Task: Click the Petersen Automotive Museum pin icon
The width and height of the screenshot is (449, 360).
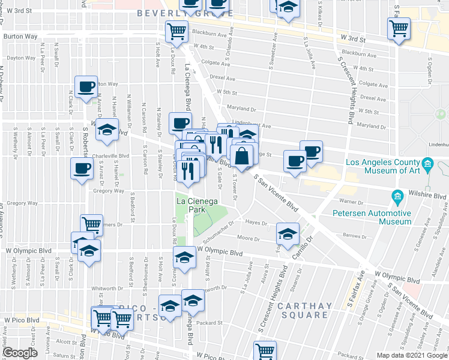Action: pos(397,197)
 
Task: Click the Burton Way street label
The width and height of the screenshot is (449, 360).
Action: pos(20,37)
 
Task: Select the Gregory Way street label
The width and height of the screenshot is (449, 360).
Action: pos(109,191)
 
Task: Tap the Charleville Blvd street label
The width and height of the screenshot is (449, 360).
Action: pos(111,156)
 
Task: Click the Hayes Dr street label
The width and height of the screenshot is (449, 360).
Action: pos(256,222)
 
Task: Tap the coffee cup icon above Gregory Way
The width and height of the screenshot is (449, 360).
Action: pos(82,169)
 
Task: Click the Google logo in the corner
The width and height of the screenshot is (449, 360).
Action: pos(20,353)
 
